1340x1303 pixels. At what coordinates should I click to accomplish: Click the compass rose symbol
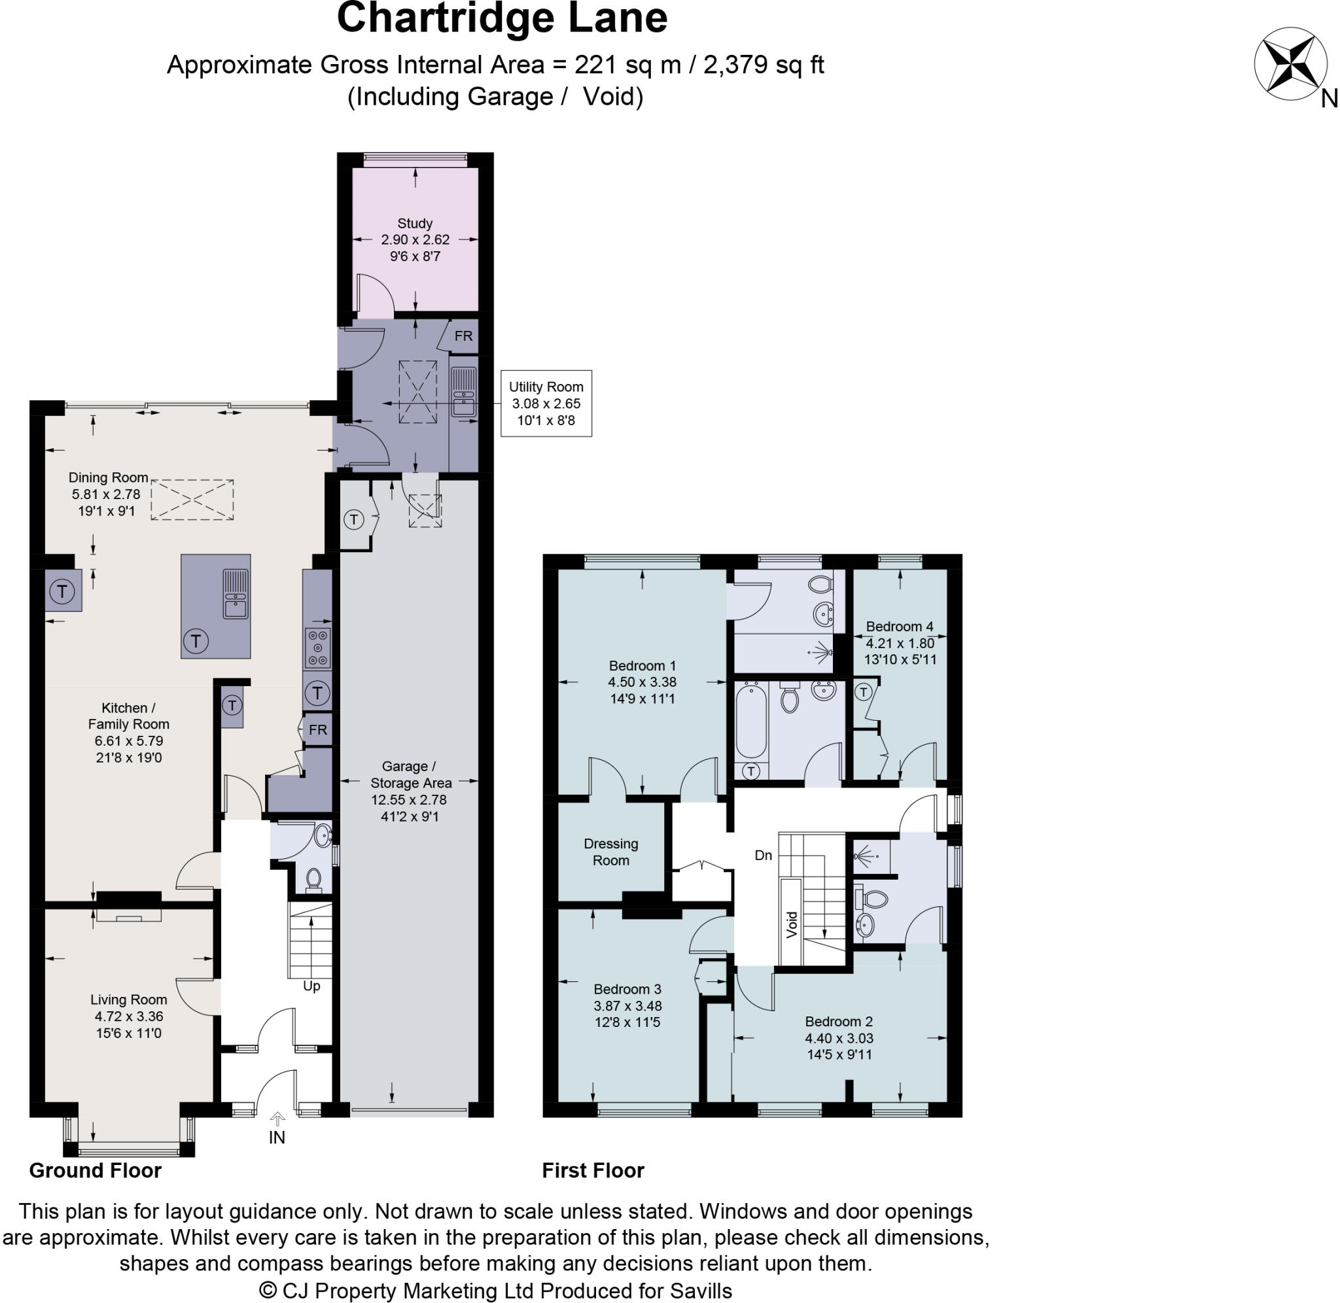(x=1286, y=65)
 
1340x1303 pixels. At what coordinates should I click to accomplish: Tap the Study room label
(x=415, y=224)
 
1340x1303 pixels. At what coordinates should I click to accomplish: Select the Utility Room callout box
(x=546, y=403)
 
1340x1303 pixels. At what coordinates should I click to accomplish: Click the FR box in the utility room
(x=463, y=336)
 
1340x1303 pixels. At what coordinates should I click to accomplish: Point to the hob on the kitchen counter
(x=318, y=648)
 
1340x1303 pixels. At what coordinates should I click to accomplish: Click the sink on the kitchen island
(x=236, y=594)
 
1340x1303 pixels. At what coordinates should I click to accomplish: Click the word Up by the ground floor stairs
(x=311, y=986)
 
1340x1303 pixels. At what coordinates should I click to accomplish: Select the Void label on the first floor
(x=792, y=924)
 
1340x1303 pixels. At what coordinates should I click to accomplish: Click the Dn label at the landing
(x=763, y=856)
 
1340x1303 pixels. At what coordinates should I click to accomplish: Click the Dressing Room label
(x=610, y=852)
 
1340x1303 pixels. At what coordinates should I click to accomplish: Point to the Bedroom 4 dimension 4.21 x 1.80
(x=899, y=643)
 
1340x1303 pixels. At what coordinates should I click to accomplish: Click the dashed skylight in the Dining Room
(x=192, y=500)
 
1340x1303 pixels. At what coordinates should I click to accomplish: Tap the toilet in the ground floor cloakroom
(x=313, y=878)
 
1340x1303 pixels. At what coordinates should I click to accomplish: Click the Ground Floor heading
(x=95, y=1171)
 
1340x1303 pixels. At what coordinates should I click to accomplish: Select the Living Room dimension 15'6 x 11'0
(x=129, y=1034)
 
